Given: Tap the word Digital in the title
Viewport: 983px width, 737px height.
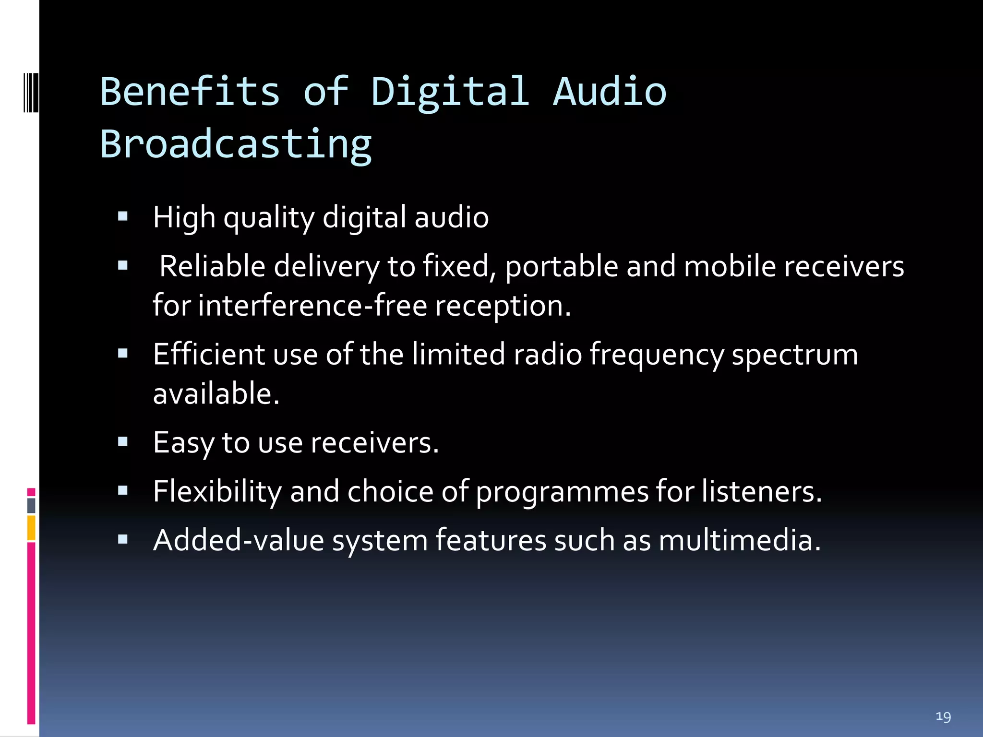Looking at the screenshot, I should point(450,92).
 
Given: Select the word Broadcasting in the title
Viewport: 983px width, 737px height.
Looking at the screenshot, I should point(236,144).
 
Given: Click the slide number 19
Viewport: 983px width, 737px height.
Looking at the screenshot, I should point(943,716).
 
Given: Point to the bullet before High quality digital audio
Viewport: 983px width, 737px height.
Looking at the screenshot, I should point(123,216).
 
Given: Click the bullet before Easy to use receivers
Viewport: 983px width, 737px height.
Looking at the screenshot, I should point(123,441).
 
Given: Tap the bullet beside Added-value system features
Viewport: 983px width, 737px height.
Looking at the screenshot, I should point(123,539).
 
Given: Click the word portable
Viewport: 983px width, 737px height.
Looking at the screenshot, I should point(562,267).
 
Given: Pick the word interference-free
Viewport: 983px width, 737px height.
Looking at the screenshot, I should point(312,306).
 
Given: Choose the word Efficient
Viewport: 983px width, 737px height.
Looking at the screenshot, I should point(209,354).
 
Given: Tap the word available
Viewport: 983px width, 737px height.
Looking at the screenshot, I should point(216,393).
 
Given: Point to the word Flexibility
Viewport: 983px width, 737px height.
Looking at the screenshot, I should point(217,491).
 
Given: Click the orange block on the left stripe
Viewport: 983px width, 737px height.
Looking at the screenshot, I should point(31,528).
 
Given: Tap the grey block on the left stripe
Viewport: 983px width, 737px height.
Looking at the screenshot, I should point(31,505).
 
